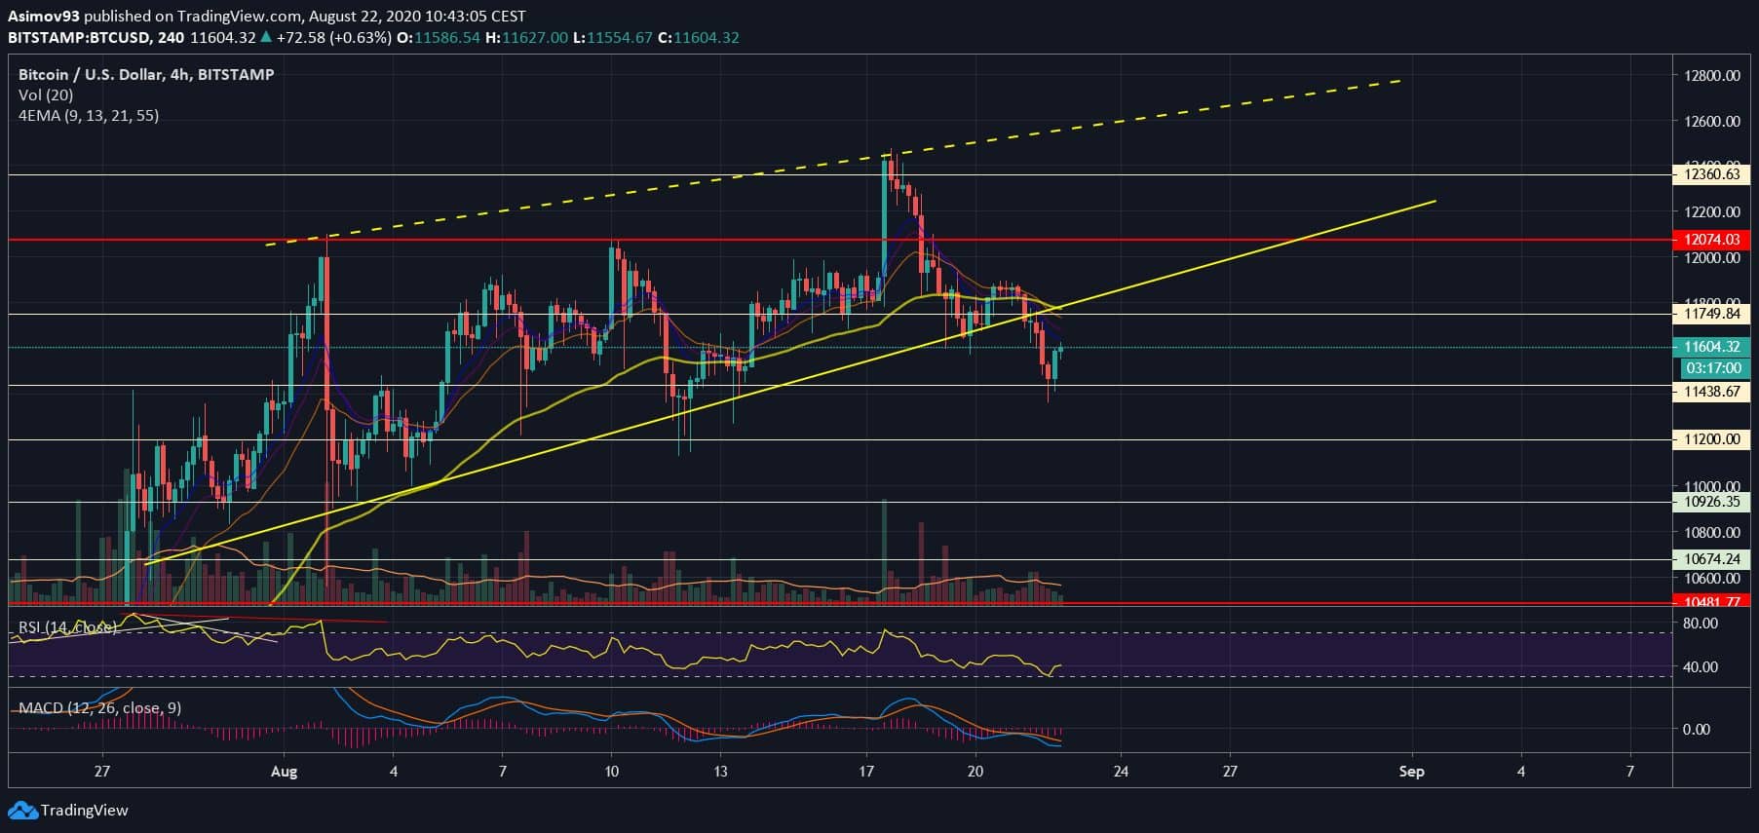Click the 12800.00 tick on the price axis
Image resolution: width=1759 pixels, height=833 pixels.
pos(1712,76)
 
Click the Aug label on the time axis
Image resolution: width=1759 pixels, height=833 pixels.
pos(284,772)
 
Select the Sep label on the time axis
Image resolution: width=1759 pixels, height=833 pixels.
pos(1411,772)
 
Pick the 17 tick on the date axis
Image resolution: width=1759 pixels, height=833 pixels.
pos(866,772)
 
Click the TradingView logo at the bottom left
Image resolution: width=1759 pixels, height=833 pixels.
pos(68,811)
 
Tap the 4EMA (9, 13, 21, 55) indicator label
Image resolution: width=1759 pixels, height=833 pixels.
pos(89,116)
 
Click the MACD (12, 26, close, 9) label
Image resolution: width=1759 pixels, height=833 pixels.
pos(99,708)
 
